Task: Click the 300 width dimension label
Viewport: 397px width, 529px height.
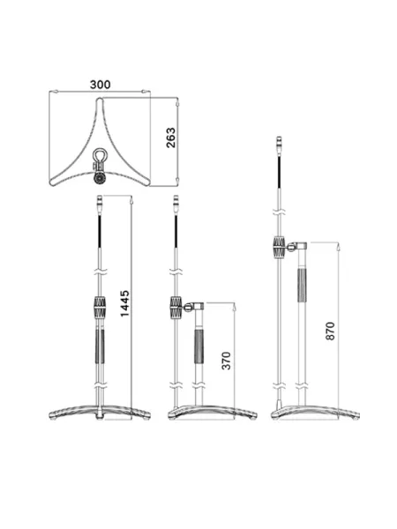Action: click(x=100, y=85)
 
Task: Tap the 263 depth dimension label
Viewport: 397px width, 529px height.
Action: click(x=171, y=138)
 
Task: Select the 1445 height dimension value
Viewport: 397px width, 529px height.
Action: click(x=124, y=303)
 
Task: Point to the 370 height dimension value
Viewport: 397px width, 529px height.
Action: click(x=226, y=361)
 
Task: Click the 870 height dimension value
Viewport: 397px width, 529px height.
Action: click(x=330, y=331)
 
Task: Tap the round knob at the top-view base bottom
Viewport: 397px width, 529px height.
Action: click(x=100, y=178)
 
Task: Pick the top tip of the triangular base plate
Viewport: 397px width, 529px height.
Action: click(x=100, y=98)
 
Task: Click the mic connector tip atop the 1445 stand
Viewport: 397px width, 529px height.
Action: click(x=100, y=203)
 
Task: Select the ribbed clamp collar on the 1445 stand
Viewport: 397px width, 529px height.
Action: click(x=100, y=307)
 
